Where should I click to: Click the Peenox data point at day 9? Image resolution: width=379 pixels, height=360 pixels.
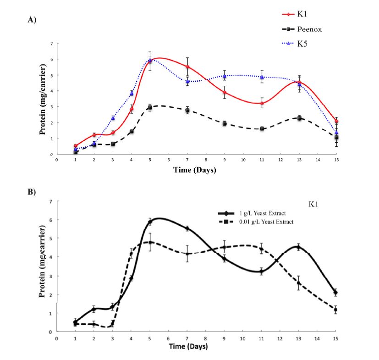225,123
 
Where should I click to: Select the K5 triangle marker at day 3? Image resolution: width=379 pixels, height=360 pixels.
113,118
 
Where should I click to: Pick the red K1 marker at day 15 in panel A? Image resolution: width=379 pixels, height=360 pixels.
336,121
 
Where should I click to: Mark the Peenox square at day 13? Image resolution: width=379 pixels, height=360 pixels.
299,118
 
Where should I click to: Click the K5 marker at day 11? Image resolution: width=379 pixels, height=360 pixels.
262,78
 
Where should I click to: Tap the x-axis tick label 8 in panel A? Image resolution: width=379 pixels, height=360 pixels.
206,160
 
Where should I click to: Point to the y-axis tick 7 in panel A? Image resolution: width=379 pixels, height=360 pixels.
51,44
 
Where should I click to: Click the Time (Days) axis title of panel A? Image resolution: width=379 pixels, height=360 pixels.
195,170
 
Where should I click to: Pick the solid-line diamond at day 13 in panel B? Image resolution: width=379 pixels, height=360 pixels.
299,248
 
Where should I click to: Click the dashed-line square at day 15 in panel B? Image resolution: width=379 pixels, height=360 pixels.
336,310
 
